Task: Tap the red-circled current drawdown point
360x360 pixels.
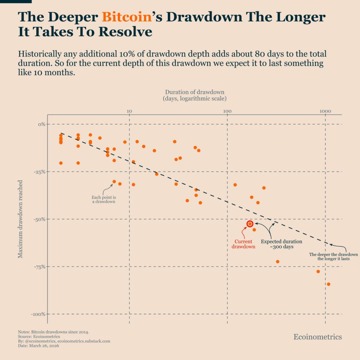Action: [250, 224]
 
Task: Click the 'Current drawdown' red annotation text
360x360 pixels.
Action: [243, 244]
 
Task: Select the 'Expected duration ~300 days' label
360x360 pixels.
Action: [281, 244]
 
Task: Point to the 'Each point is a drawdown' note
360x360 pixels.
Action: [104, 199]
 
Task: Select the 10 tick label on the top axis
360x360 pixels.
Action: [129, 111]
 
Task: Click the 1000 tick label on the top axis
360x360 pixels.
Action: [325, 111]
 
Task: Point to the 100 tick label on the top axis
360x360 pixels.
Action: [227, 111]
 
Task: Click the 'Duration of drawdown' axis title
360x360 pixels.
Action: [194, 92]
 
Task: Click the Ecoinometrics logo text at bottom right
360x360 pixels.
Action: [317, 337]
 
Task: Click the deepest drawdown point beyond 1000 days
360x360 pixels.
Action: [328, 284]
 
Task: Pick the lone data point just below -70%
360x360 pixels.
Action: [277, 262]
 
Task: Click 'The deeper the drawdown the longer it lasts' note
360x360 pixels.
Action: [333, 256]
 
